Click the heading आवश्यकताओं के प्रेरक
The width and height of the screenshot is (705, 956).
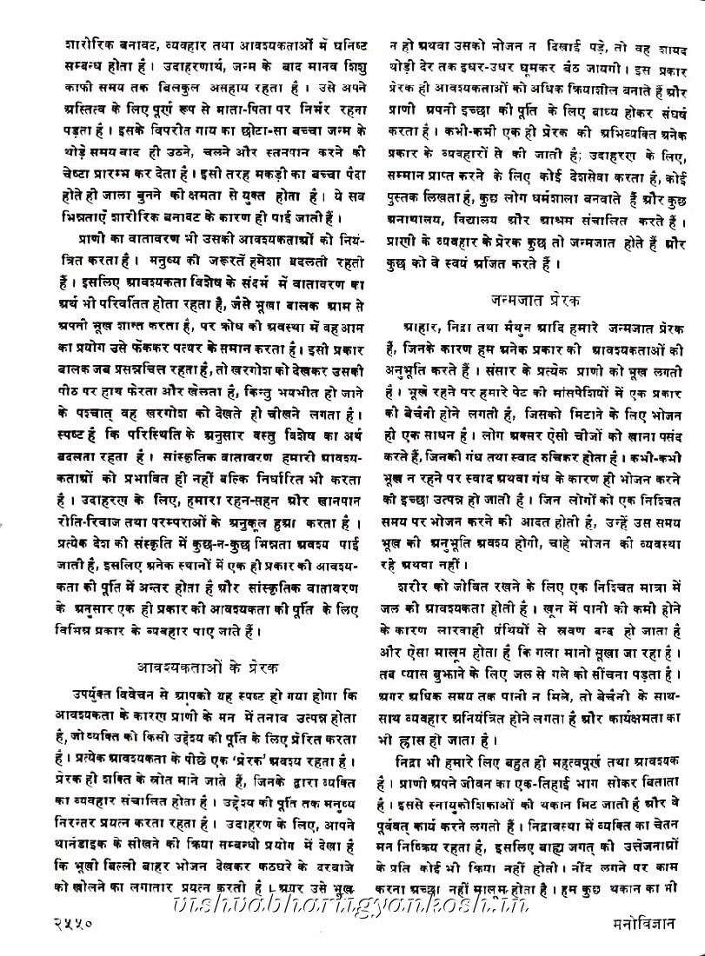pyautogui.click(x=209, y=668)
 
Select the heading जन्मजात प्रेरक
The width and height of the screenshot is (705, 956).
pyautogui.click(x=538, y=300)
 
